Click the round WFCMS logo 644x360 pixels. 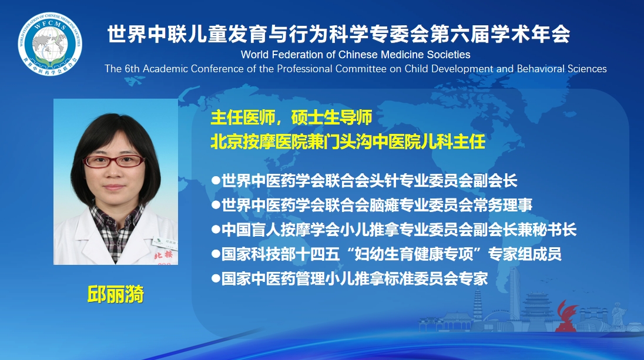click(50, 44)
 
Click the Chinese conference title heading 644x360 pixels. click(339, 33)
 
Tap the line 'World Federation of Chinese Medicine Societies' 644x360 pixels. click(355, 55)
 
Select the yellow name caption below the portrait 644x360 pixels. click(115, 294)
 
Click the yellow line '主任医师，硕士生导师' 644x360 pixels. click(291, 117)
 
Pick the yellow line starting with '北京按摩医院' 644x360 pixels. click(348, 142)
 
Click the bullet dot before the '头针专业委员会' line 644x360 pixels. click(216, 180)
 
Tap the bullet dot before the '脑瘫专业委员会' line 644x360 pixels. click(216, 204)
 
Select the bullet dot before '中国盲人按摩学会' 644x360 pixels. click(216, 229)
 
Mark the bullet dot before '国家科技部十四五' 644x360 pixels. click(216, 254)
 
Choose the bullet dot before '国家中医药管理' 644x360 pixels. click(216, 278)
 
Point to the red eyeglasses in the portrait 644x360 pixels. click(114, 161)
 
